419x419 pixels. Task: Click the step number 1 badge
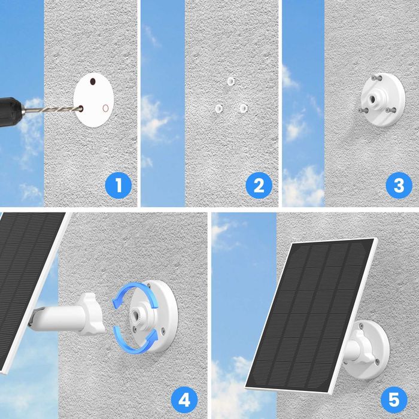(118, 185)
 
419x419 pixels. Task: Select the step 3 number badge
(399, 185)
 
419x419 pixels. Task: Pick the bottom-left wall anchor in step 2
(218, 108)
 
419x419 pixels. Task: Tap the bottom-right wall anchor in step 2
(243, 108)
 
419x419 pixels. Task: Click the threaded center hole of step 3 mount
(378, 96)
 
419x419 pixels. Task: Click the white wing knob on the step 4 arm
(94, 312)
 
